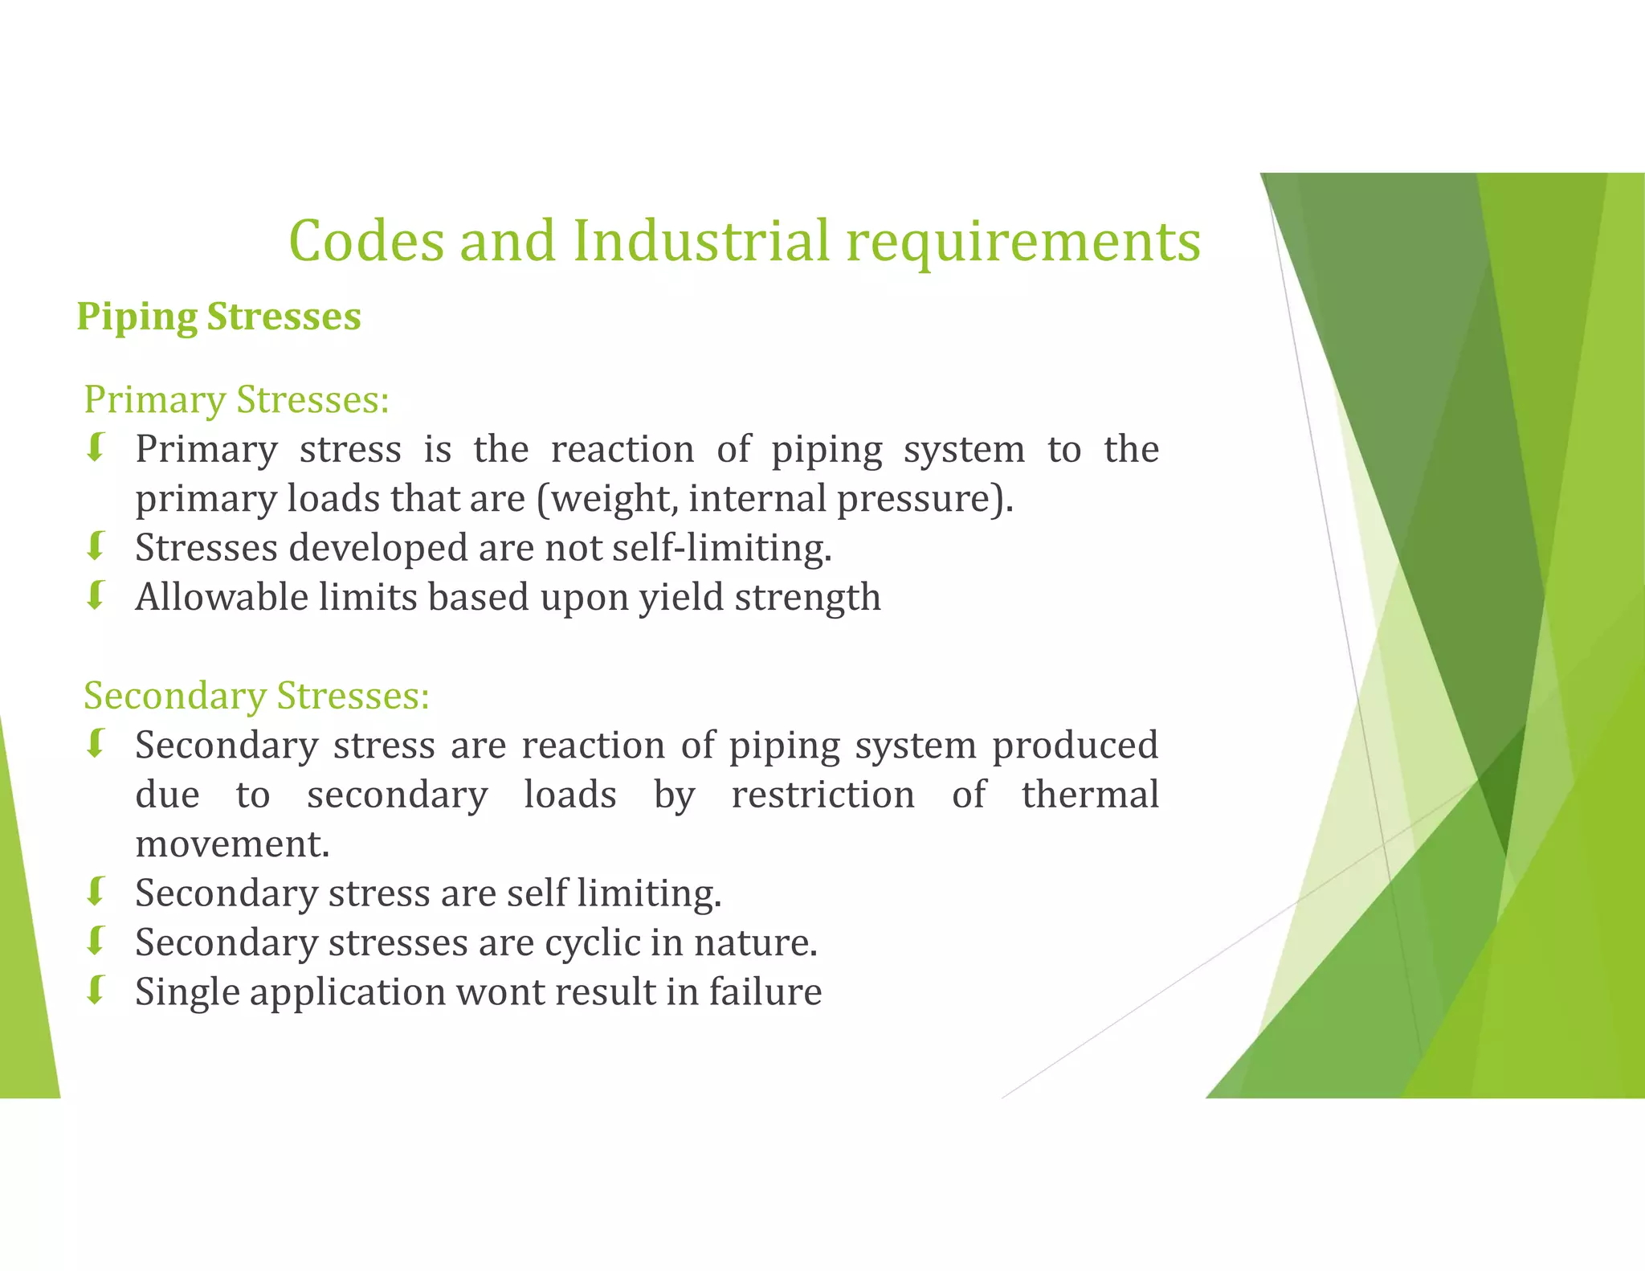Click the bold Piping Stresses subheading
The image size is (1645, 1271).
pyautogui.click(x=218, y=317)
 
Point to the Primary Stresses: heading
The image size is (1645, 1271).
pyautogui.click(x=236, y=399)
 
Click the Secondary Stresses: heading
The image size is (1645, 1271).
pyautogui.click(x=256, y=695)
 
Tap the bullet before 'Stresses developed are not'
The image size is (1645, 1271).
pyautogui.click(x=96, y=547)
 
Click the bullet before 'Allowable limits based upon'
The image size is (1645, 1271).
pyautogui.click(x=96, y=596)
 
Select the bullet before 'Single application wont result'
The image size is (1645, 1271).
pyautogui.click(x=96, y=991)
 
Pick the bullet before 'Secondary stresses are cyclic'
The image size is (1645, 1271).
pyautogui.click(x=96, y=941)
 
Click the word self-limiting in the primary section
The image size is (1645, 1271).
pyautogui.click(x=721, y=548)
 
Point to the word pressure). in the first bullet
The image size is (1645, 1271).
pyautogui.click(x=925, y=499)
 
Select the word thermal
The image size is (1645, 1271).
pyautogui.click(x=1090, y=795)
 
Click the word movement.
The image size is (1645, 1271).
pyautogui.click(x=232, y=844)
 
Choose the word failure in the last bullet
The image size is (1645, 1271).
pyautogui.click(x=765, y=991)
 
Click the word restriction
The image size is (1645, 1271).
pyautogui.click(x=822, y=795)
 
